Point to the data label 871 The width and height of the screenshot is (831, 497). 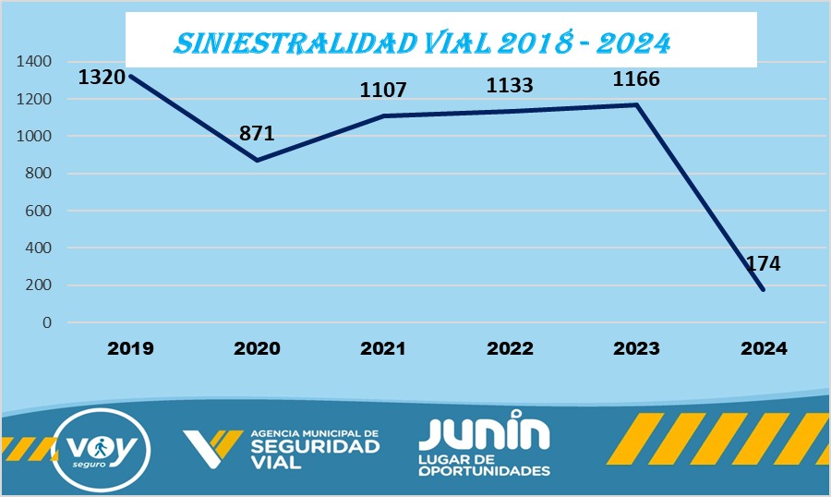click(257, 133)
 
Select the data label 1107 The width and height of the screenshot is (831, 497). click(383, 90)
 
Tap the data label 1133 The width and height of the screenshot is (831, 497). click(510, 86)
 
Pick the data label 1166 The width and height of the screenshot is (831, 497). click(636, 79)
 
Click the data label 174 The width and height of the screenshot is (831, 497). click(763, 263)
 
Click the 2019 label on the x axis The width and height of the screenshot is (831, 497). click(130, 349)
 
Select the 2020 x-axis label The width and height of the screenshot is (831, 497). click(257, 349)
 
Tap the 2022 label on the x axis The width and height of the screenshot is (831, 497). click(510, 349)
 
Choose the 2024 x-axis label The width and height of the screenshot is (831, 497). click(763, 349)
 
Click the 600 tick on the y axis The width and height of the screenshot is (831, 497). click(38, 211)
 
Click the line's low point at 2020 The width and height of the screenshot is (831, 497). click(257, 160)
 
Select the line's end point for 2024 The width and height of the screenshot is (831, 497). click(763, 289)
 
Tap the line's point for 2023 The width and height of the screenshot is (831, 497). click(636, 104)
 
